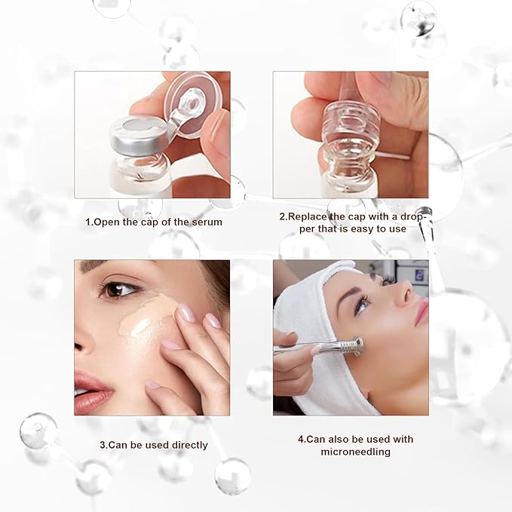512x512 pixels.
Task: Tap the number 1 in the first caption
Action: click(87, 222)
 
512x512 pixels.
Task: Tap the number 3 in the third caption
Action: click(103, 445)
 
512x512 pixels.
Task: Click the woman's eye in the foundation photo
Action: click(120, 288)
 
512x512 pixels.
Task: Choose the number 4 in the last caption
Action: click(300, 440)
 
